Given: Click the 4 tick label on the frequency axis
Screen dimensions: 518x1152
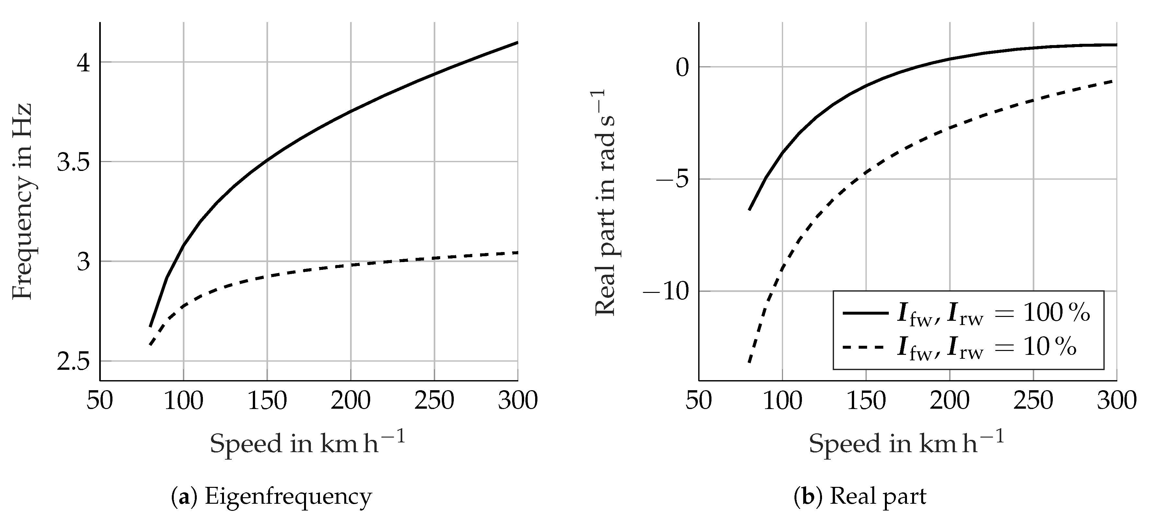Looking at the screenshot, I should pyautogui.click(x=84, y=64).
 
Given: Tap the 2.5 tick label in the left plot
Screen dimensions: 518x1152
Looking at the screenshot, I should pyautogui.click(x=74, y=362).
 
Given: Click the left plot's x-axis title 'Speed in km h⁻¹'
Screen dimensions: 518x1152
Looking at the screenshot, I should pyautogui.click(x=308, y=443).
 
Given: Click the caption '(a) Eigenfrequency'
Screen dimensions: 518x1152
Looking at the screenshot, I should pyautogui.click(x=271, y=497).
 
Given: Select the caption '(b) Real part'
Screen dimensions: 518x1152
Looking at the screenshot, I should pyautogui.click(x=860, y=497).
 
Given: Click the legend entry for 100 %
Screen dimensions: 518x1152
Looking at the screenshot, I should pyautogui.click(x=993, y=313).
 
